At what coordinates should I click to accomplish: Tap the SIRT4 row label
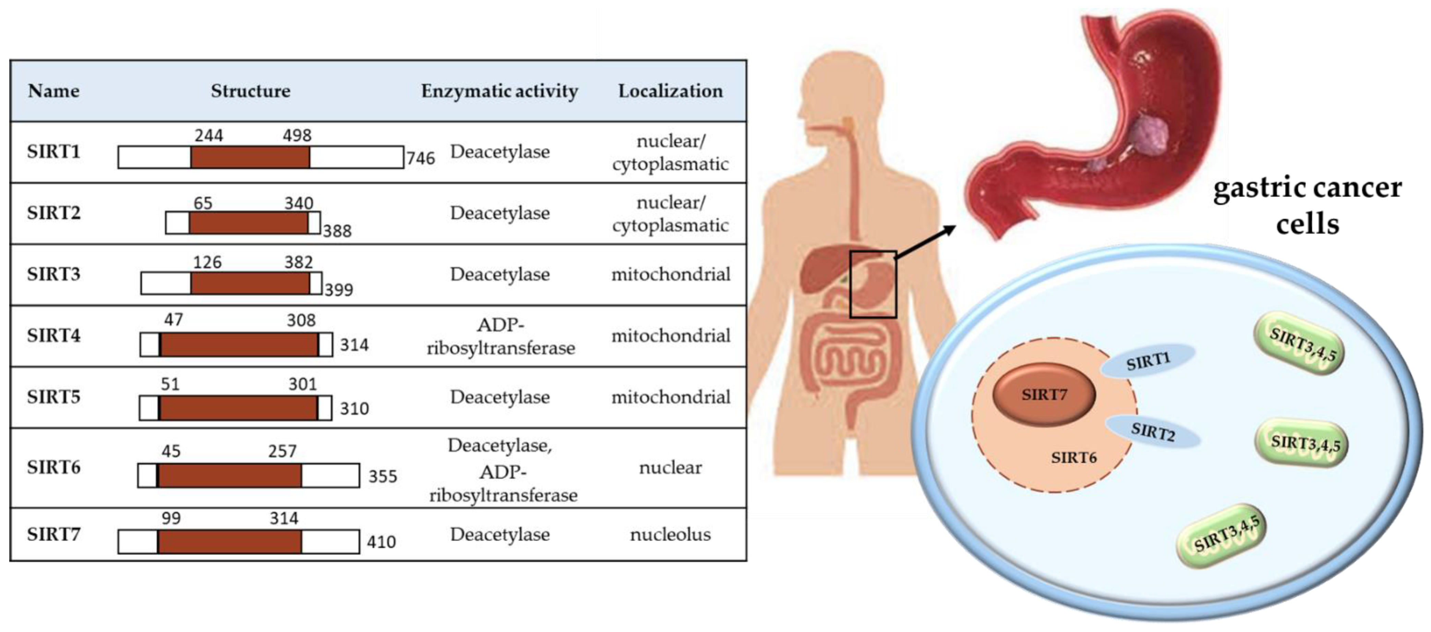[53, 336]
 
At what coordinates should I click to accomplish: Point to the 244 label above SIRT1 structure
[208, 135]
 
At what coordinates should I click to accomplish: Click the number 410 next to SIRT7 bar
[381, 542]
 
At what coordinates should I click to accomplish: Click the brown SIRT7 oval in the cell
[1043, 394]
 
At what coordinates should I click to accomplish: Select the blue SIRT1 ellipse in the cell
[1148, 361]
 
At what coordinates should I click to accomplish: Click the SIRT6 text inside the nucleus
[1073, 458]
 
